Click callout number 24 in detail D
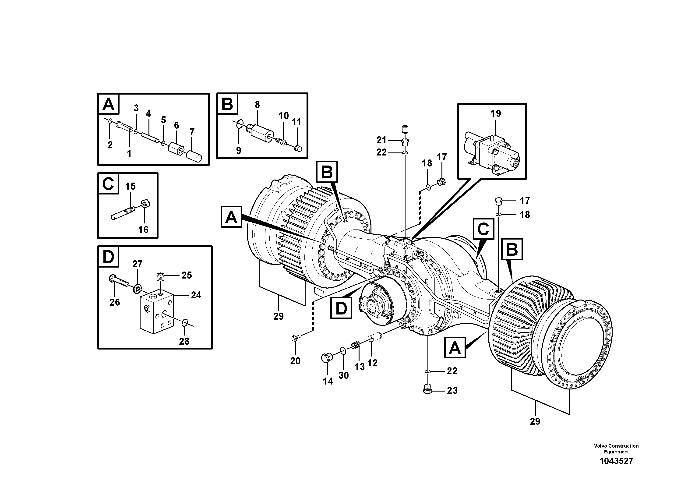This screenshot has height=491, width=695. pyautogui.click(x=196, y=295)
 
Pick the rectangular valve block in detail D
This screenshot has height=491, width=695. pyautogui.click(x=156, y=313)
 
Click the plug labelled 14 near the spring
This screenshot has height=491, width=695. pyautogui.click(x=327, y=358)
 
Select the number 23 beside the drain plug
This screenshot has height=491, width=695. pyautogui.click(x=452, y=391)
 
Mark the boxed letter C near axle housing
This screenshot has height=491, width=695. pyautogui.click(x=483, y=229)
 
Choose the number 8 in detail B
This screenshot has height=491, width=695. pyautogui.click(x=257, y=105)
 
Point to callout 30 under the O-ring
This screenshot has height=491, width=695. pyautogui.click(x=344, y=375)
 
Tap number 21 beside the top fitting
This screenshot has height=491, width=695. pyautogui.click(x=381, y=140)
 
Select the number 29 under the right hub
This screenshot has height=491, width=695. pyautogui.click(x=535, y=421)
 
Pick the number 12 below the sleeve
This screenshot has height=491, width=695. pyautogui.click(x=372, y=363)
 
